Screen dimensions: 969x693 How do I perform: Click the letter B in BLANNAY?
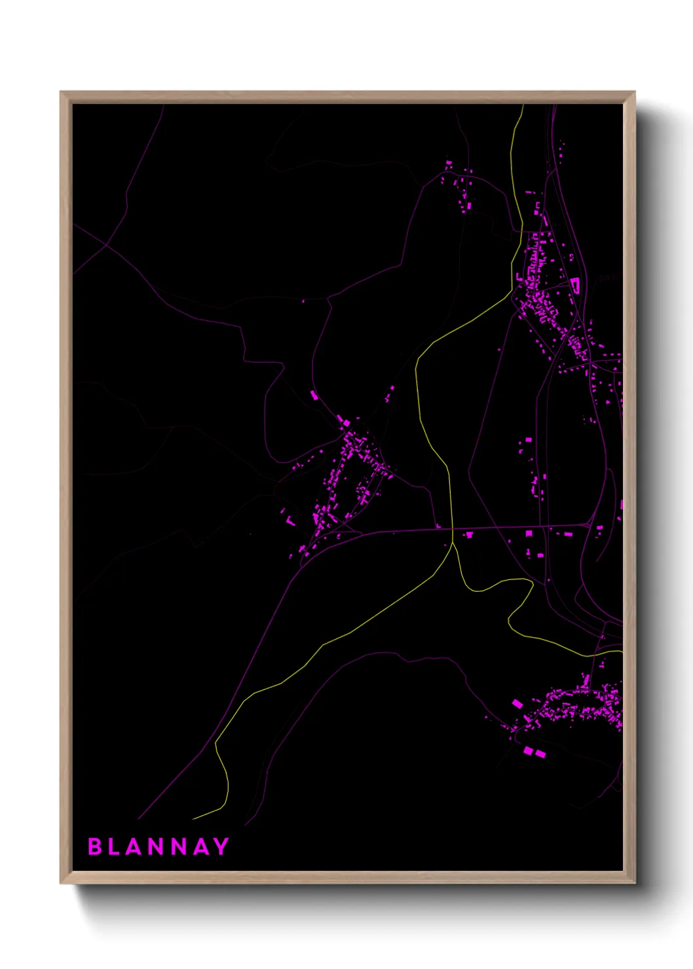tap(94, 847)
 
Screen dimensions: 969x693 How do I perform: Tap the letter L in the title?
tap(114, 847)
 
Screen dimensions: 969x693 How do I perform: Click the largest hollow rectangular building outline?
tap(576, 285)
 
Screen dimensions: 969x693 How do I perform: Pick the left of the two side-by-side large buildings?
tap(528, 750)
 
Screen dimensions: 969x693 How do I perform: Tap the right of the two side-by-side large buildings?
tap(540, 754)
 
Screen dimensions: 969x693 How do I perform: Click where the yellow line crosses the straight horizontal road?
tap(452, 528)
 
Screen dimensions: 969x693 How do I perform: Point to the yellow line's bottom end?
tap(194, 819)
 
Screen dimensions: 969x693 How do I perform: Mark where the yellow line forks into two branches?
tap(453, 543)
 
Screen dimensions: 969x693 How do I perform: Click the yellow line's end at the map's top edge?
tap(523, 105)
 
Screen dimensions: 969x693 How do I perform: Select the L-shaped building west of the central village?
tap(290, 521)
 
